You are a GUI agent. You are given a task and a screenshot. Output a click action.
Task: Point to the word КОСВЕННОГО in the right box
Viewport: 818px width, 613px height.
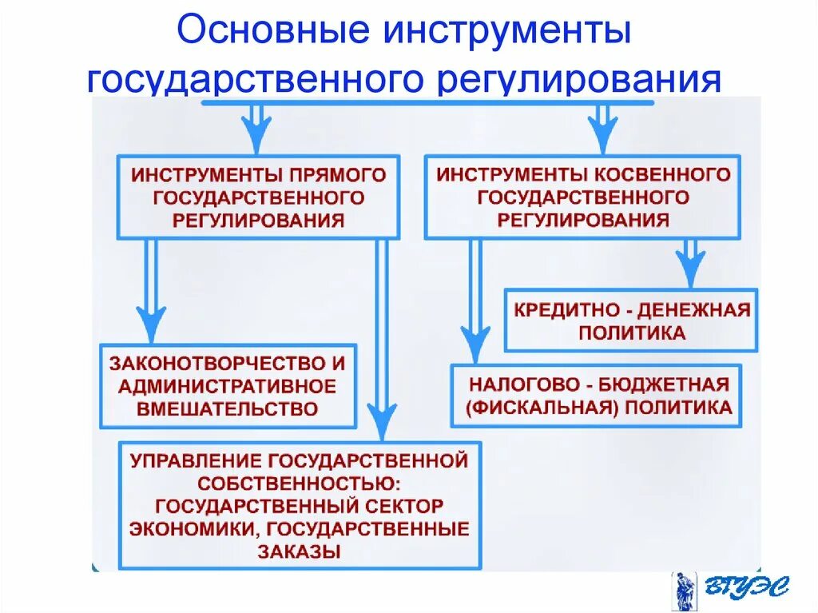tap(664, 174)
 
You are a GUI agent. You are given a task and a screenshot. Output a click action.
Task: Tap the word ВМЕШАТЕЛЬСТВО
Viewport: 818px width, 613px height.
tap(228, 409)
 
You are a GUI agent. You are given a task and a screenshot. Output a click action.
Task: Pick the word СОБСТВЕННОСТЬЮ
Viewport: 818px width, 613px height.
tap(300, 483)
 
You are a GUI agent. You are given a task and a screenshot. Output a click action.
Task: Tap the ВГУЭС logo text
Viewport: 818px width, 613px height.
tap(746, 589)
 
